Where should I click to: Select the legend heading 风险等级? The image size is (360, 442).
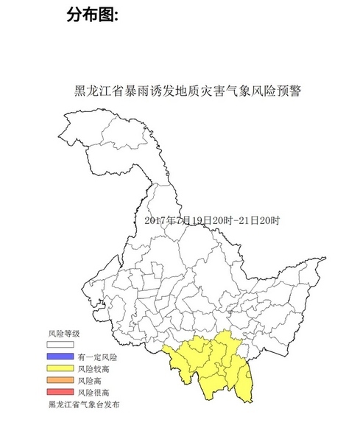[x=63, y=334]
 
